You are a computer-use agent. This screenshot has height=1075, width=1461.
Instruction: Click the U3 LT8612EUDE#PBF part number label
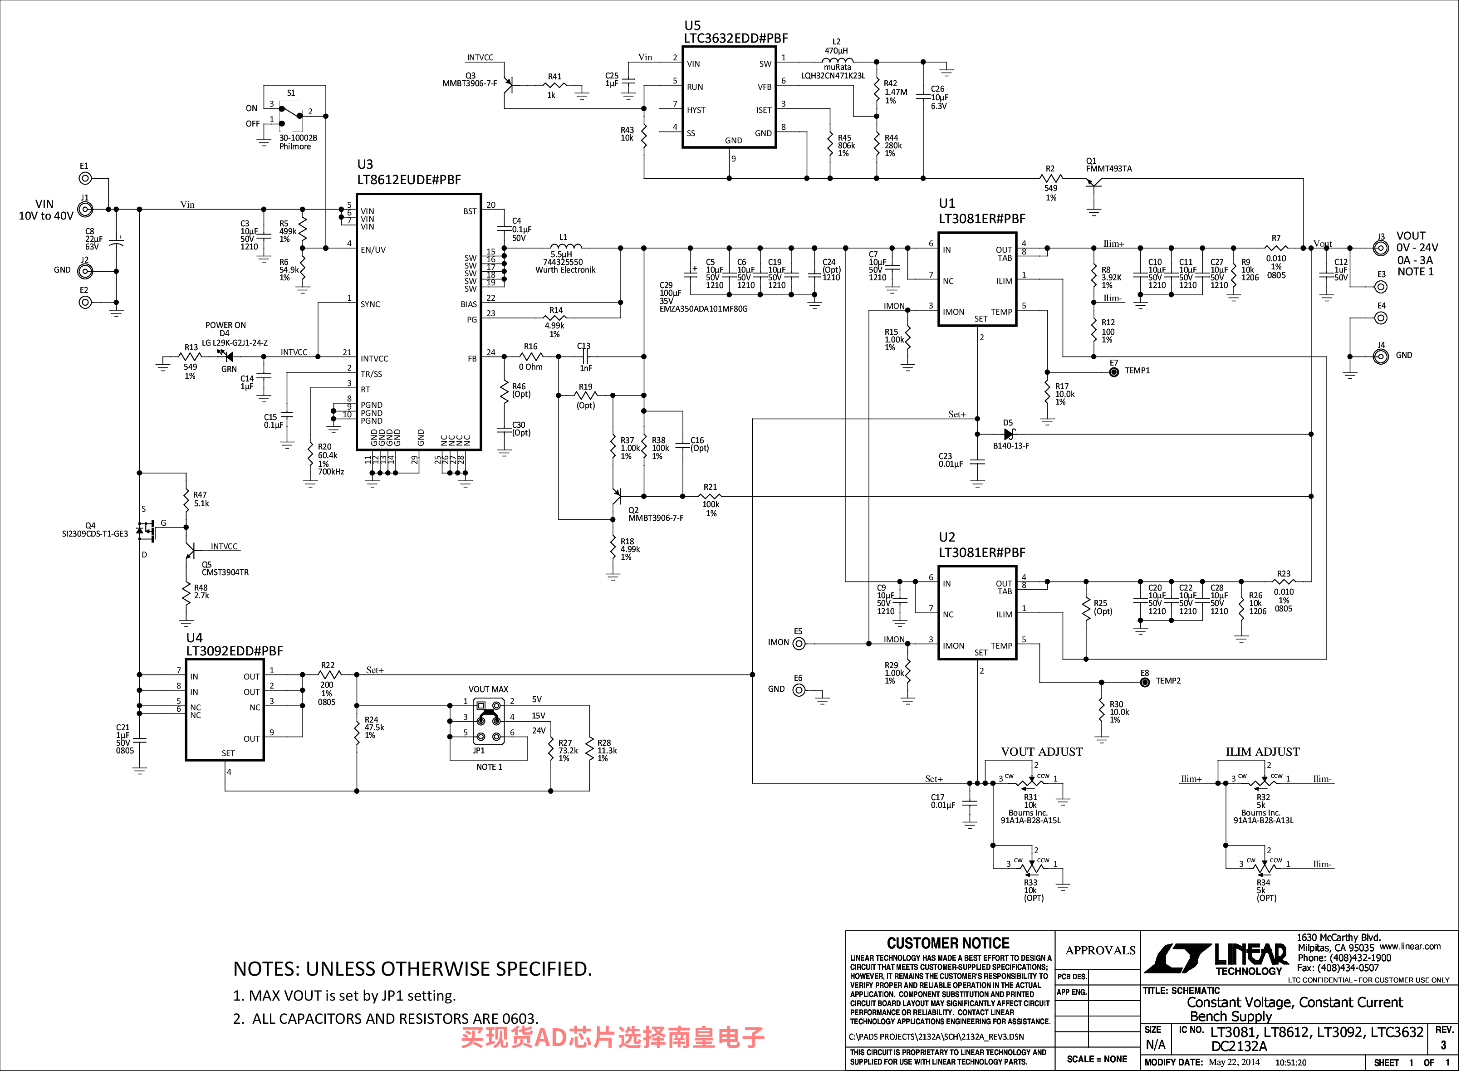pos(409,180)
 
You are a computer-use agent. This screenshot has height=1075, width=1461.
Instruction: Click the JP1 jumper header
pos(488,721)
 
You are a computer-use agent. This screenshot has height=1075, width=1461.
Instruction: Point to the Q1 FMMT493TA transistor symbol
pos(1093,183)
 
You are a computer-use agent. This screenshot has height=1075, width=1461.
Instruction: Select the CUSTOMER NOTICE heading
pos(948,943)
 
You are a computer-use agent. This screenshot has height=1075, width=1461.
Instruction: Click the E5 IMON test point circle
pos(799,644)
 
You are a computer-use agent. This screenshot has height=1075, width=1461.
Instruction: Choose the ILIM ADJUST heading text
pos(1263,752)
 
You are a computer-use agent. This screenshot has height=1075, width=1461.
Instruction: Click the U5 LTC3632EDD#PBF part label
pos(735,39)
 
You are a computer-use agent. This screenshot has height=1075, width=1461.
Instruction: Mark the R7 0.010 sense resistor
pos(1275,248)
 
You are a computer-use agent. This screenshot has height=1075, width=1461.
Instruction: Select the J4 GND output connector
pos(1380,356)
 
